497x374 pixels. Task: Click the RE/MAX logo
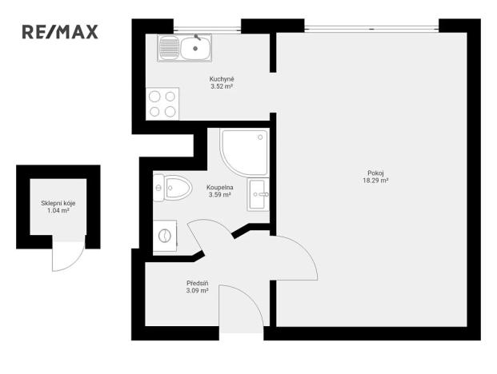pos(60,33)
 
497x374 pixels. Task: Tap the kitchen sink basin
pos(194,49)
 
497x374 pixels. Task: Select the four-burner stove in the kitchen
pos(163,104)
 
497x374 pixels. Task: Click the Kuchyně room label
pos(222,79)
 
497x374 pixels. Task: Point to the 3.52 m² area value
pos(222,86)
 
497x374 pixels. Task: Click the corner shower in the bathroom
pos(246,150)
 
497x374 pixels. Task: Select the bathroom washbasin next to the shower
pos(259,193)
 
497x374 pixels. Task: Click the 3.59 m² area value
pos(219,195)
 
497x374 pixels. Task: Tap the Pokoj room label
pos(375,173)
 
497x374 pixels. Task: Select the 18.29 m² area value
pos(375,181)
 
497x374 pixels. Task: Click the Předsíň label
pos(197,283)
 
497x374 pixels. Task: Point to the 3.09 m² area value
pos(197,291)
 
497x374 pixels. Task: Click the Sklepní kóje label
pos(58,203)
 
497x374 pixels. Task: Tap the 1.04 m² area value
pos(58,210)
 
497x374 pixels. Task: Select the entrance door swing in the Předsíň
pos(240,308)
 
